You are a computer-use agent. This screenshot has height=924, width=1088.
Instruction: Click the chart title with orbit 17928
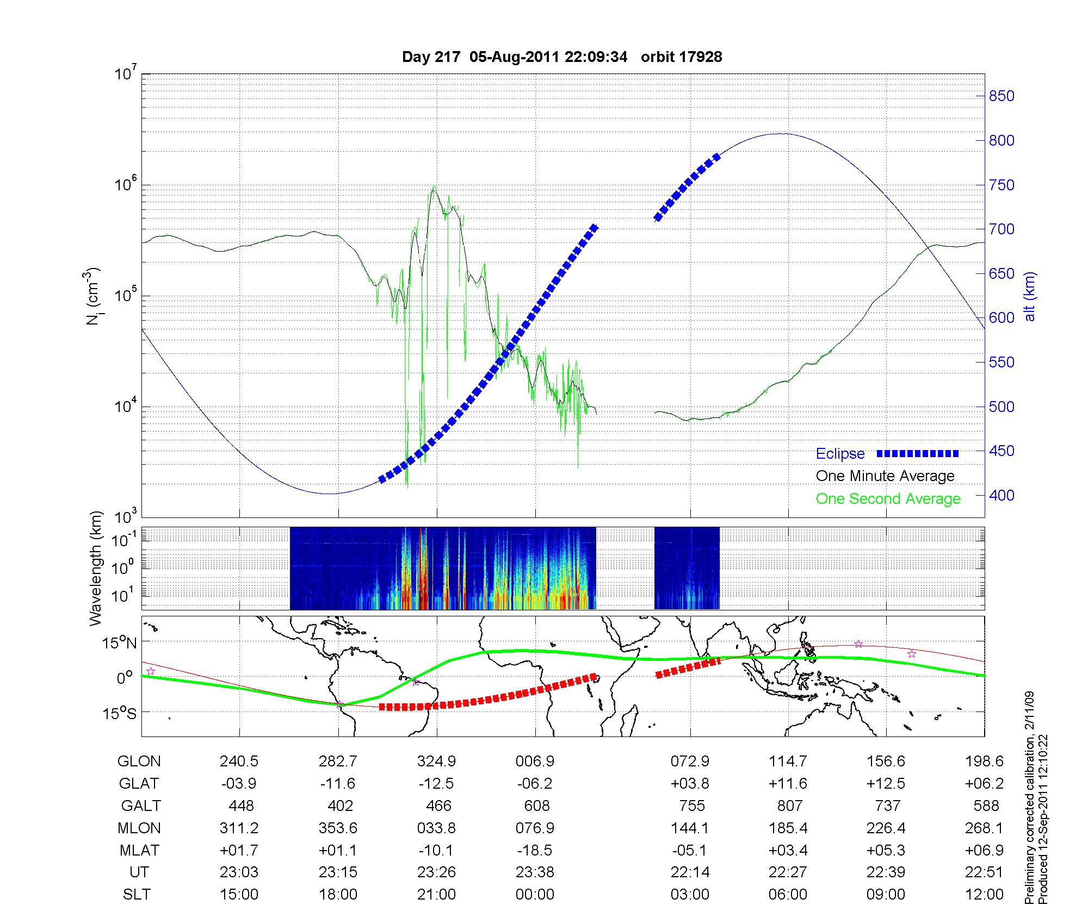562,57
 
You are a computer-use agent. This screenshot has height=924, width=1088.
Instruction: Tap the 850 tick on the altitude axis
1002,96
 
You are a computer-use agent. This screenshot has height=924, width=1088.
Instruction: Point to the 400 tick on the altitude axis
1002,496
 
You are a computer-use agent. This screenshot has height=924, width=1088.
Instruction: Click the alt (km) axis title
1030,296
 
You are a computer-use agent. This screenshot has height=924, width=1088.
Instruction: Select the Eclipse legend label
840,454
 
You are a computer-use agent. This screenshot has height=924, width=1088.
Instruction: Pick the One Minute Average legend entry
885,476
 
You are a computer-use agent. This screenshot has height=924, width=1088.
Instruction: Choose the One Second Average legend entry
888,499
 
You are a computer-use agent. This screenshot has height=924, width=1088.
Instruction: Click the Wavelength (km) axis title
96,568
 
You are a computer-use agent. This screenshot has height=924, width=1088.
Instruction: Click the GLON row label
139,761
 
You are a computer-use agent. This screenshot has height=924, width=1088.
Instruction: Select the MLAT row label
139,850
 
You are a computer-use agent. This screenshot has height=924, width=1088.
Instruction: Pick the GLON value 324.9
436,761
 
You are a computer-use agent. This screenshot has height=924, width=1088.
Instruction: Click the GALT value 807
789,806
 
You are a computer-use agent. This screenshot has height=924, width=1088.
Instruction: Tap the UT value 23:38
535,872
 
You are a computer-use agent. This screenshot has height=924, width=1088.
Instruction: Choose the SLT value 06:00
788,895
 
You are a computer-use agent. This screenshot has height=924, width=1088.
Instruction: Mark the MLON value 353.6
338,828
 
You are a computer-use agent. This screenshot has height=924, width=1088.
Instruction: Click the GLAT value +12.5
886,784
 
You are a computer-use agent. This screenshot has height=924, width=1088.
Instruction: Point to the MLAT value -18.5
535,850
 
